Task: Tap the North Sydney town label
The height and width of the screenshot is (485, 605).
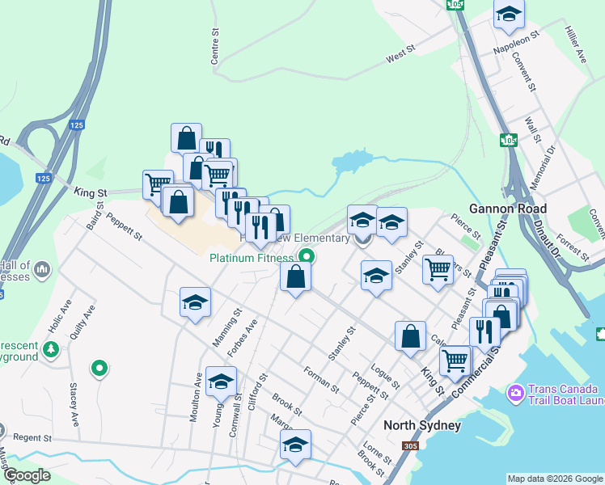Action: click(x=421, y=426)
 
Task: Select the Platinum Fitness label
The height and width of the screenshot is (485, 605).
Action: click(x=251, y=259)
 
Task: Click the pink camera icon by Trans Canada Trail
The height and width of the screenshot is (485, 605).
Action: click(x=514, y=394)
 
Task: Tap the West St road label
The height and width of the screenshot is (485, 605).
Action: click(x=400, y=55)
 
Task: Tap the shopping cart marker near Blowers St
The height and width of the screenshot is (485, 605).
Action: click(x=438, y=269)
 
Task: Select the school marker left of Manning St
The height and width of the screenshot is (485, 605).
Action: click(x=195, y=302)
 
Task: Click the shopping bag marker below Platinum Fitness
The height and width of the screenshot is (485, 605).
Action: click(x=296, y=277)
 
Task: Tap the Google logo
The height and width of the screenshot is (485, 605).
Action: click(x=27, y=475)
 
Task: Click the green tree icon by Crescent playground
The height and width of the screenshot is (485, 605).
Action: click(x=51, y=349)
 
